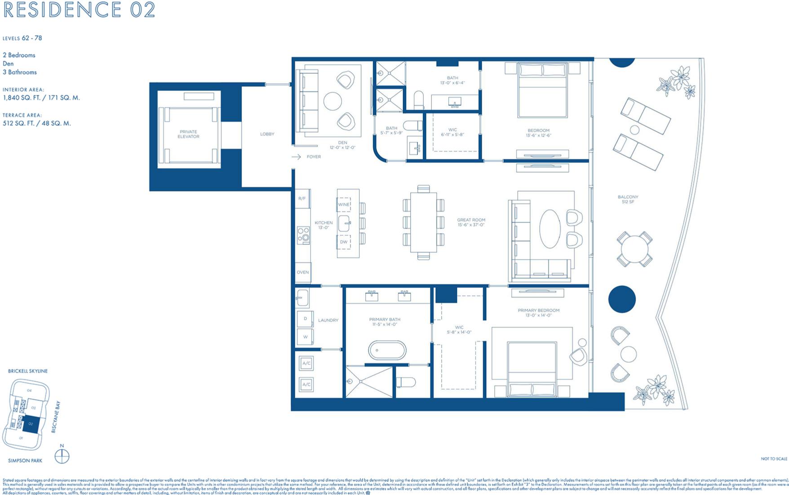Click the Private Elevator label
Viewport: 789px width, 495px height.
pyautogui.click(x=188, y=134)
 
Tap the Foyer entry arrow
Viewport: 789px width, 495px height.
pyautogui.click(x=296, y=157)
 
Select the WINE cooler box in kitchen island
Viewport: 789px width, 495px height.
pyautogui.click(x=344, y=204)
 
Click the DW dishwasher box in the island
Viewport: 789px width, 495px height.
pyautogui.click(x=344, y=242)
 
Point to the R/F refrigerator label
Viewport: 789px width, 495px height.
pyautogui.click(x=302, y=198)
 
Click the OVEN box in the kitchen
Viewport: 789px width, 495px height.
pyautogui.click(x=303, y=272)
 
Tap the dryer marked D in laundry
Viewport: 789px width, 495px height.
pyautogui.click(x=305, y=319)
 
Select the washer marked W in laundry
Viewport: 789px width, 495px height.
pyautogui.click(x=305, y=337)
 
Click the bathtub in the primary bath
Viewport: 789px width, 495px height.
pyautogui.click(x=387, y=350)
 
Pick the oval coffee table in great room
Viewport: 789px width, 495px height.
pyautogui.click(x=550, y=229)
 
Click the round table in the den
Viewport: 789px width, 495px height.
pyautogui.click(x=332, y=101)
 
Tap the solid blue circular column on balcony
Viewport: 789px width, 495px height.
pyautogui.click(x=622, y=299)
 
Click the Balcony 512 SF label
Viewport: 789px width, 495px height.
pyautogui.click(x=628, y=199)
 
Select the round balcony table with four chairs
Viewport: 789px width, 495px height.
pyautogui.click(x=634, y=249)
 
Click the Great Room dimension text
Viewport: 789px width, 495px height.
pyautogui.click(x=471, y=225)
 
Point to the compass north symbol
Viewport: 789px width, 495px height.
pyautogui.click(x=62, y=456)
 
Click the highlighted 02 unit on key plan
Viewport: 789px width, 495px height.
pyautogui.click(x=31, y=424)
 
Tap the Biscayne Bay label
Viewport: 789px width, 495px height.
pyautogui.click(x=55, y=417)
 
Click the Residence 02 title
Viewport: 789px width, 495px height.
pyautogui.click(x=80, y=9)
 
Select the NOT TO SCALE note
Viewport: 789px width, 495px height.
pyautogui.click(x=774, y=459)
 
